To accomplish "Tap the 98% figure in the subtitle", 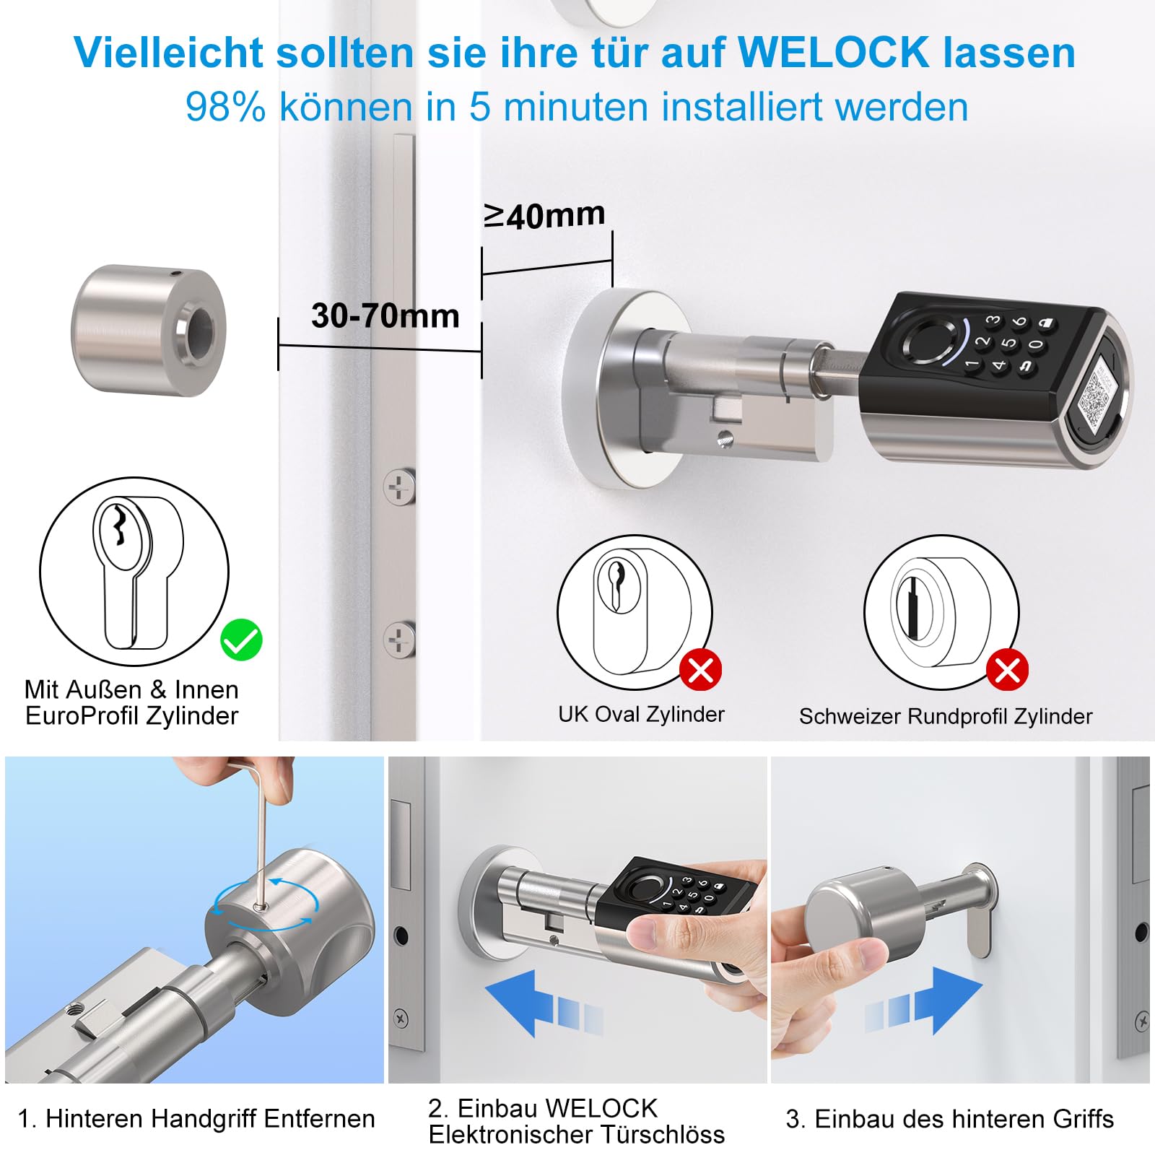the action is [225, 107].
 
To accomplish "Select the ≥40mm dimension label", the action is [544, 215].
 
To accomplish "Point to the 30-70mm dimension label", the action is [385, 315].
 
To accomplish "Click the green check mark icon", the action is [241, 640].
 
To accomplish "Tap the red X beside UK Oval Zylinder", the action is [700, 670].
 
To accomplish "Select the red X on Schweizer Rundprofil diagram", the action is [1008, 670].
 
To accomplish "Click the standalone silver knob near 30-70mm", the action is [149, 330].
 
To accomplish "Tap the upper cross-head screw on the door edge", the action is [399, 489].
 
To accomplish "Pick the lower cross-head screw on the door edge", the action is [399, 640].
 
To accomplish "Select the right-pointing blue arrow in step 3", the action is [924, 1001].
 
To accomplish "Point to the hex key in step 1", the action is [258, 830].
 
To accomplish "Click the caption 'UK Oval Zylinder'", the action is [641, 715].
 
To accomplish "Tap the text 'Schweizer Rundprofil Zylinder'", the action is [946, 716].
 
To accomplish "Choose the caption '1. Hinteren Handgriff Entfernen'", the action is [196, 1118].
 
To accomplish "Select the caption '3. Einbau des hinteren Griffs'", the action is [949, 1119].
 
